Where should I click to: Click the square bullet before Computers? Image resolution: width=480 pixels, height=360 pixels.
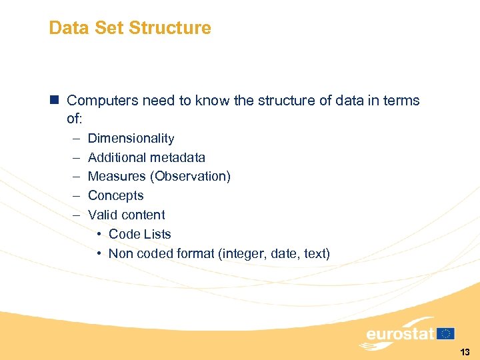click(54, 101)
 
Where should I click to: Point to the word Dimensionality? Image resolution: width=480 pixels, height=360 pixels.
click(131, 139)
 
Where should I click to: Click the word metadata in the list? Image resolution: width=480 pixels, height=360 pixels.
click(179, 158)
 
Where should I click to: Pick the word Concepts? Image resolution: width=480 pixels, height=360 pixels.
click(116, 196)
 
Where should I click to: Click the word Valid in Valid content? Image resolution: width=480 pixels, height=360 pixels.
click(102, 215)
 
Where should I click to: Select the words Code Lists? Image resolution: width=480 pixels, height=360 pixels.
click(140, 234)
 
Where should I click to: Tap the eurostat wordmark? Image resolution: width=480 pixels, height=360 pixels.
click(400, 333)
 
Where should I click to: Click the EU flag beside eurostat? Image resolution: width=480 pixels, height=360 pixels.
click(446, 333)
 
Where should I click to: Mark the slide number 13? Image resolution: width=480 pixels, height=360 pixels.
click(465, 351)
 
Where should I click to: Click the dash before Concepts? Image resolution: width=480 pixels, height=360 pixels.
click(76, 196)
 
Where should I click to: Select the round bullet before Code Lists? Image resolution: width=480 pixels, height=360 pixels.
click(99, 235)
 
